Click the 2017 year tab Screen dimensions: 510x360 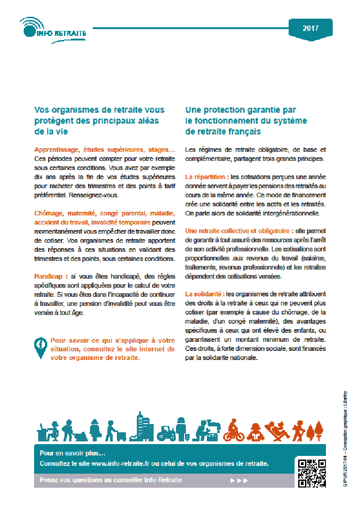click(x=310, y=28)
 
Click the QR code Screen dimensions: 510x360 click(x=312, y=473)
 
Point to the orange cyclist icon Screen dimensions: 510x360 click(x=234, y=431)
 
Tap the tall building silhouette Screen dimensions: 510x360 click(x=141, y=426)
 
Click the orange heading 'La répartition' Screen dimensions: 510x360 click(x=207, y=176)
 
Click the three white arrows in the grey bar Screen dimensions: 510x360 click(x=239, y=480)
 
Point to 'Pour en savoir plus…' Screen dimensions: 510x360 click(x=72, y=453)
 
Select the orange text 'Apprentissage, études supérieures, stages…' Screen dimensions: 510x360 click(x=105, y=150)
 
